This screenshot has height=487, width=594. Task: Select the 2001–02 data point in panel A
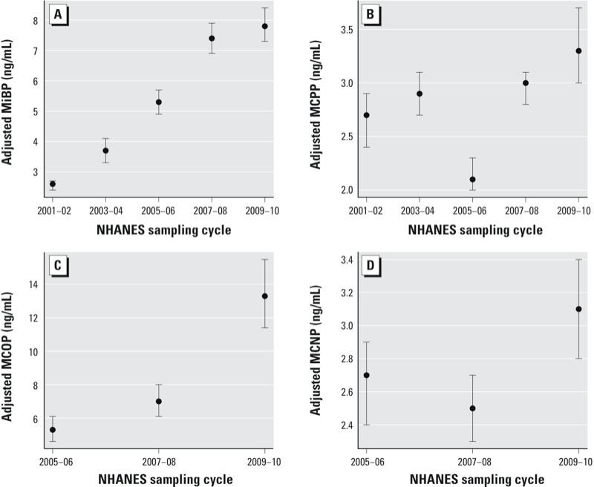tap(52, 184)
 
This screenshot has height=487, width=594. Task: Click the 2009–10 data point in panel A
tap(264, 26)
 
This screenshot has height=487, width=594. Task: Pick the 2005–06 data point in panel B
tap(472, 179)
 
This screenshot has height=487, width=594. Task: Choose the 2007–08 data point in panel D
tap(472, 408)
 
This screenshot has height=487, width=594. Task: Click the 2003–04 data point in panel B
tap(420, 94)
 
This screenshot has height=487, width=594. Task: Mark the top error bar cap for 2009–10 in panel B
tap(578, 8)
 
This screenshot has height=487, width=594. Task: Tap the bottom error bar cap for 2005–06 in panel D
tap(366, 425)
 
